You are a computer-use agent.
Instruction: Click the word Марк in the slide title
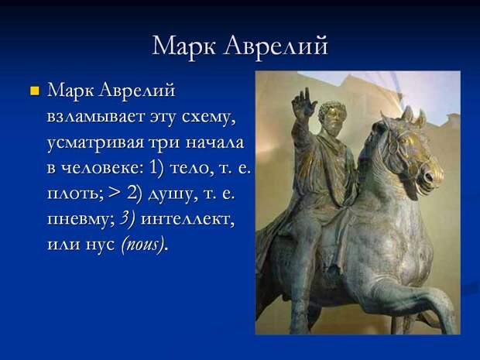click(183, 46)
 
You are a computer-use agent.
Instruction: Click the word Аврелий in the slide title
click(276, 46)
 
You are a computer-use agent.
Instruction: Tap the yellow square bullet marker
click(35, 91)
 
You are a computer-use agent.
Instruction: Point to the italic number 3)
click(127, 219)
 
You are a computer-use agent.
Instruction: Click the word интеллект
click(187, 219)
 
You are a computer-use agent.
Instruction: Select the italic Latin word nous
click(142, 245)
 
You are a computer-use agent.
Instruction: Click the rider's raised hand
click(303, 102)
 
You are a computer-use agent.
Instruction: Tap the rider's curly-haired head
click(332, 115)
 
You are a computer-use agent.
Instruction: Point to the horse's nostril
click(428, 177)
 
